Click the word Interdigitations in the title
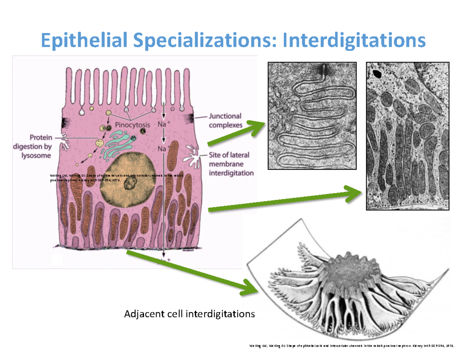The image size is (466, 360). pos(354,40)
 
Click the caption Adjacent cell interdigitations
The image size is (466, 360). pos(189,314)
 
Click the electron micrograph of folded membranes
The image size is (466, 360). pos(312,116)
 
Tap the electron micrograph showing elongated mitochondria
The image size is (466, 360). pos(408,136)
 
